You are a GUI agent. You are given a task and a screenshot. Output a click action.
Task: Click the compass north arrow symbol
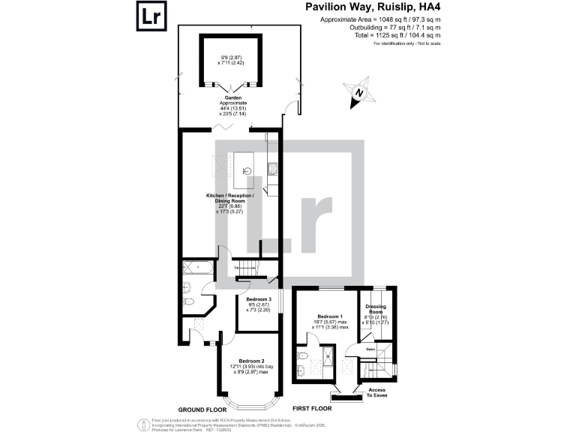[x=361, y=93]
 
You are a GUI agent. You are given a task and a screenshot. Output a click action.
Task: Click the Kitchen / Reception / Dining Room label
[x=230, y=199]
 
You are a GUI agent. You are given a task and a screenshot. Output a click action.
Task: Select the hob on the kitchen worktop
[x=273, y=167]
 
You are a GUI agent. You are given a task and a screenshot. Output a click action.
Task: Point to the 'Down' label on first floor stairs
[x=370, y=349]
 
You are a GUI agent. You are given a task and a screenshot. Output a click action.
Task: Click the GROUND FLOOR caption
[x=202, y=409]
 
